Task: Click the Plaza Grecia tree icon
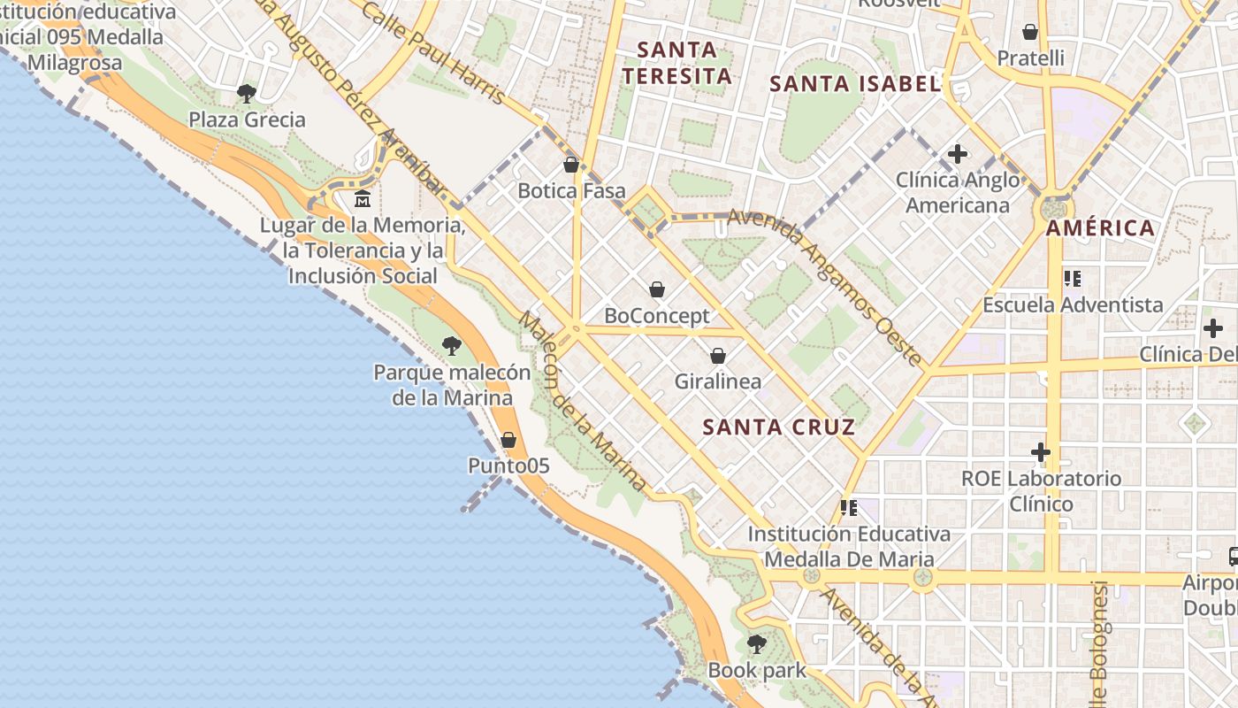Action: point(247,93)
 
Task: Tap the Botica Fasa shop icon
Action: point(571,165)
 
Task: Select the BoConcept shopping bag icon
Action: point(657,289)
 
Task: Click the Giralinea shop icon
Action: point(718,356)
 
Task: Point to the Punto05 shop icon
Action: point(508,439)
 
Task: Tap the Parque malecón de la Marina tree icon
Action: point(452,346)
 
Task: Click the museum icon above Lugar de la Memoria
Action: point(362,198)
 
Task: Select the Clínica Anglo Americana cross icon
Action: point(957,154)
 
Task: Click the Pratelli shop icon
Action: point(1030,32)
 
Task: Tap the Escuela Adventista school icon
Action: point(1073,279)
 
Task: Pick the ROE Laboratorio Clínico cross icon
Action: point(1041,452)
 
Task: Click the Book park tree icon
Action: point(756,643)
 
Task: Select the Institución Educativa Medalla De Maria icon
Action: point(849,508)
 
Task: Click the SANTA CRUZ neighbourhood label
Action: point(778,427)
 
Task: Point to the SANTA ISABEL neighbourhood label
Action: point(854,84)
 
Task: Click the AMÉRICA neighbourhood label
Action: point(1100,228)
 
